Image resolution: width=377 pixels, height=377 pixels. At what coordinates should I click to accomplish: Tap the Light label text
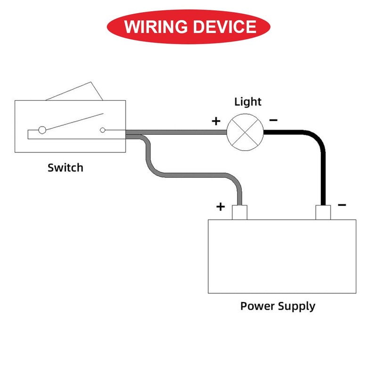click(x=248, y=101)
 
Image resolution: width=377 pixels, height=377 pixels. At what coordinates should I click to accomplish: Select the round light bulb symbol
click(x=245, y=132)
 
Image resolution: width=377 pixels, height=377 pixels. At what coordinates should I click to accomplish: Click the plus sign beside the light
click(x=216, y=121)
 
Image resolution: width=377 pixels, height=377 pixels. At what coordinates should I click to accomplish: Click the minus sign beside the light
click(x=273, y=121)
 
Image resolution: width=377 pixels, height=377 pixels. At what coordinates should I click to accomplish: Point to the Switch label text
click(x=66, y=167)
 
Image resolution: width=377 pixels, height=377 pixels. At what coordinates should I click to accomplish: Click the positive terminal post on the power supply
click(x=239, y=213)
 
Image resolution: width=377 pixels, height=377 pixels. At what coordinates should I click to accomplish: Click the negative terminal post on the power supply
click(x=323, y=213)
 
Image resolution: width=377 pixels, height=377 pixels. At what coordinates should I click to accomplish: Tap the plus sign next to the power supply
click(x=221, y=206)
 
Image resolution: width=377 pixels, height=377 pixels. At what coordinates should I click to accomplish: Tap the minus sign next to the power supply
click(x=342, y=205)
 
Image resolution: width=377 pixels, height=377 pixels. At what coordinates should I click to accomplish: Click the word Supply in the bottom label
click(x=297, y=307)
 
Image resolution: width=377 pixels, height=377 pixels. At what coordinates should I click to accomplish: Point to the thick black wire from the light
click(x=323, y=165)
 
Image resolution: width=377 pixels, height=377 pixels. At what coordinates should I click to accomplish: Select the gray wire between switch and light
click(x=179, y=133)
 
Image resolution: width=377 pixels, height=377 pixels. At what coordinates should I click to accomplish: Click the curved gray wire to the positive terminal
click(x=188, y=175)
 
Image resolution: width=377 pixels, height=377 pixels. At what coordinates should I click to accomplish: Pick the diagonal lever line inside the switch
click(x=73, y=122)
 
